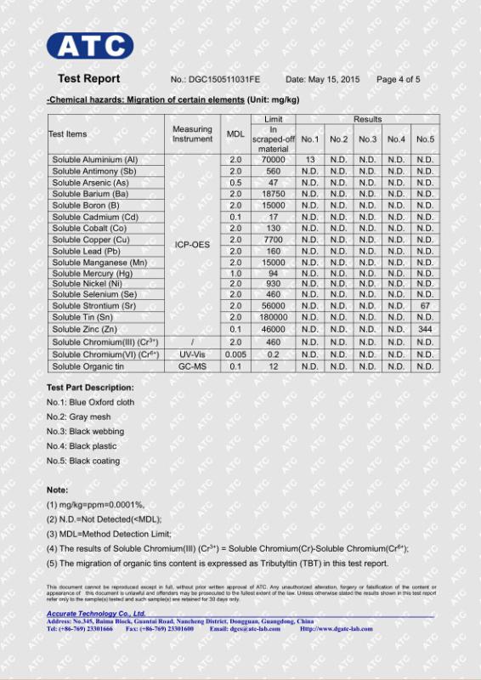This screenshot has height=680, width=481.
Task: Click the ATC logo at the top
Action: [x=90, y=46]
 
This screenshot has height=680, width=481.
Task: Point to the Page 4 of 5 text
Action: [x=398, y=80]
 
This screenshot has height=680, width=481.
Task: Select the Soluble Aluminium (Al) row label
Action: [x=94, y=160]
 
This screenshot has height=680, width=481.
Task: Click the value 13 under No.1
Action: [x=310, y=160]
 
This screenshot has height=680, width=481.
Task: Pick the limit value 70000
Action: [x=273, y=160]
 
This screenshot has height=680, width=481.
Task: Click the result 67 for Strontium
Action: [x=425, y=305]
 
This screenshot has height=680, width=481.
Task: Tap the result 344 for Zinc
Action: [x=425, y=329]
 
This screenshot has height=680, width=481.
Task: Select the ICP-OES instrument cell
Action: [x=192, y=245]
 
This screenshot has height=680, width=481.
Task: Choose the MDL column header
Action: [x=235, y=134]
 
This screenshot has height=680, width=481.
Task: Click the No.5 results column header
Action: [x=425, y=139]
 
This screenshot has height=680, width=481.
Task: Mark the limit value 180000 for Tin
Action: [x=273, y=317]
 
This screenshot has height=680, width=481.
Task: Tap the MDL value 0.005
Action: [x=235, y=354]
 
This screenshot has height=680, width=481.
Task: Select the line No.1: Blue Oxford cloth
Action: [x=90, y=402]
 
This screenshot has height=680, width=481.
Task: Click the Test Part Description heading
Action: [x=90, y=388]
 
